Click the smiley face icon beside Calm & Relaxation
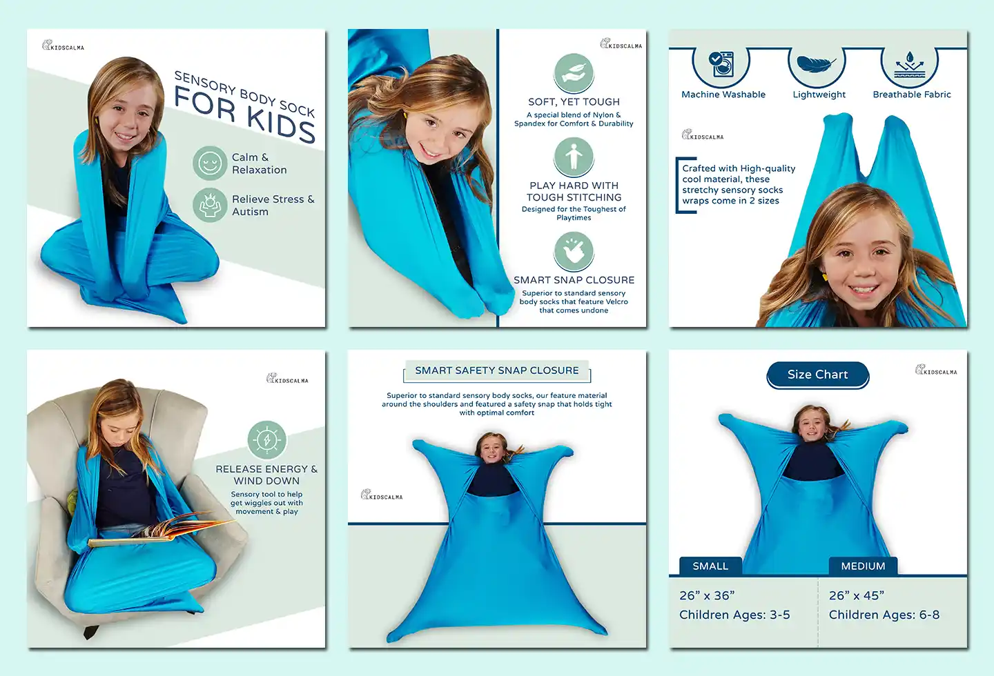point(210,163)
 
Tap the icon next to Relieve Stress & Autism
point(210,205)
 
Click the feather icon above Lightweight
point(816,64)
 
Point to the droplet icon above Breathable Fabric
point(910,65)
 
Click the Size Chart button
point(817,375)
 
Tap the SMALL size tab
point(710,566)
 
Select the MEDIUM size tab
point(863,566)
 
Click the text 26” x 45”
point(857,595)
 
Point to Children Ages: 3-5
point(734,615)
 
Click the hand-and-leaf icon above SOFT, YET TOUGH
point(574,73)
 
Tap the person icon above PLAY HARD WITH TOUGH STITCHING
point(574,157)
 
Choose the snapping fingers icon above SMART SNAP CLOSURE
point(574,251)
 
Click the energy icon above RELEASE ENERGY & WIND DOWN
point(266,439)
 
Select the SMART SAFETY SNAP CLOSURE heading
point(497,371)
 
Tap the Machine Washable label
point(723,95)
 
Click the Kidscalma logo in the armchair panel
point(287,379)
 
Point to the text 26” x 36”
point(707,595)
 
